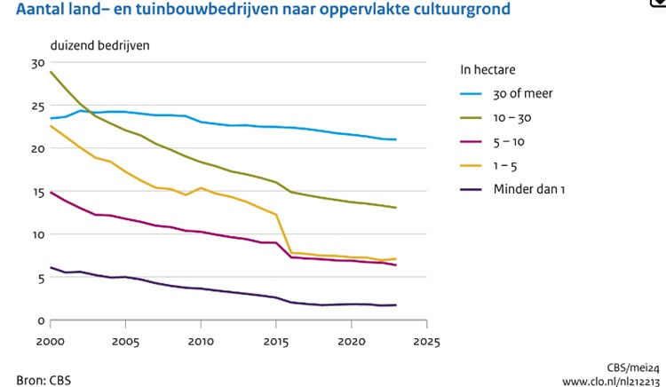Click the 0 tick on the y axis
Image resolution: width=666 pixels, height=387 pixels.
point(39,320)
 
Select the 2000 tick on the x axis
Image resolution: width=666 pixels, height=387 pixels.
point(51,341)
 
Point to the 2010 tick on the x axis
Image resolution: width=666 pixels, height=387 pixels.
point(201,341)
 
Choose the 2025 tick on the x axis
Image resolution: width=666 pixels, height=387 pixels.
point(427,341)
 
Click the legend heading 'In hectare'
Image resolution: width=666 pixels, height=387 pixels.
point(488,68)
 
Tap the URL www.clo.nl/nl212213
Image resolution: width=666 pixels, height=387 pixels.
point(611,382)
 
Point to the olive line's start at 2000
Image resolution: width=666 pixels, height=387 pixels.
point(52,72)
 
